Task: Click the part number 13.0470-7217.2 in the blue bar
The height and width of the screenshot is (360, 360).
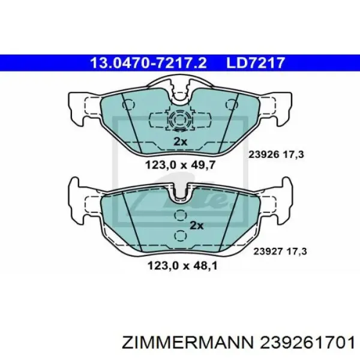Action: click(x=148, y=63)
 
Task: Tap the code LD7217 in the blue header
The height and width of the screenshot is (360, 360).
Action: click(x=256, y=63)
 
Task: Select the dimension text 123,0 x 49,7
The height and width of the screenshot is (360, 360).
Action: click(x=180, y=164)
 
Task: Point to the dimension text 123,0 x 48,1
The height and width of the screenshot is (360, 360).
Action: click(x=182, y=266)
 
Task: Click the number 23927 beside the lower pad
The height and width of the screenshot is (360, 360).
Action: click(x=268, y=251)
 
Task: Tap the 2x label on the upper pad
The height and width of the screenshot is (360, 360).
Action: click(x=180, y=142)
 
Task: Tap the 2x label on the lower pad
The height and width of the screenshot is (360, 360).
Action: click(x=197, y=226)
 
